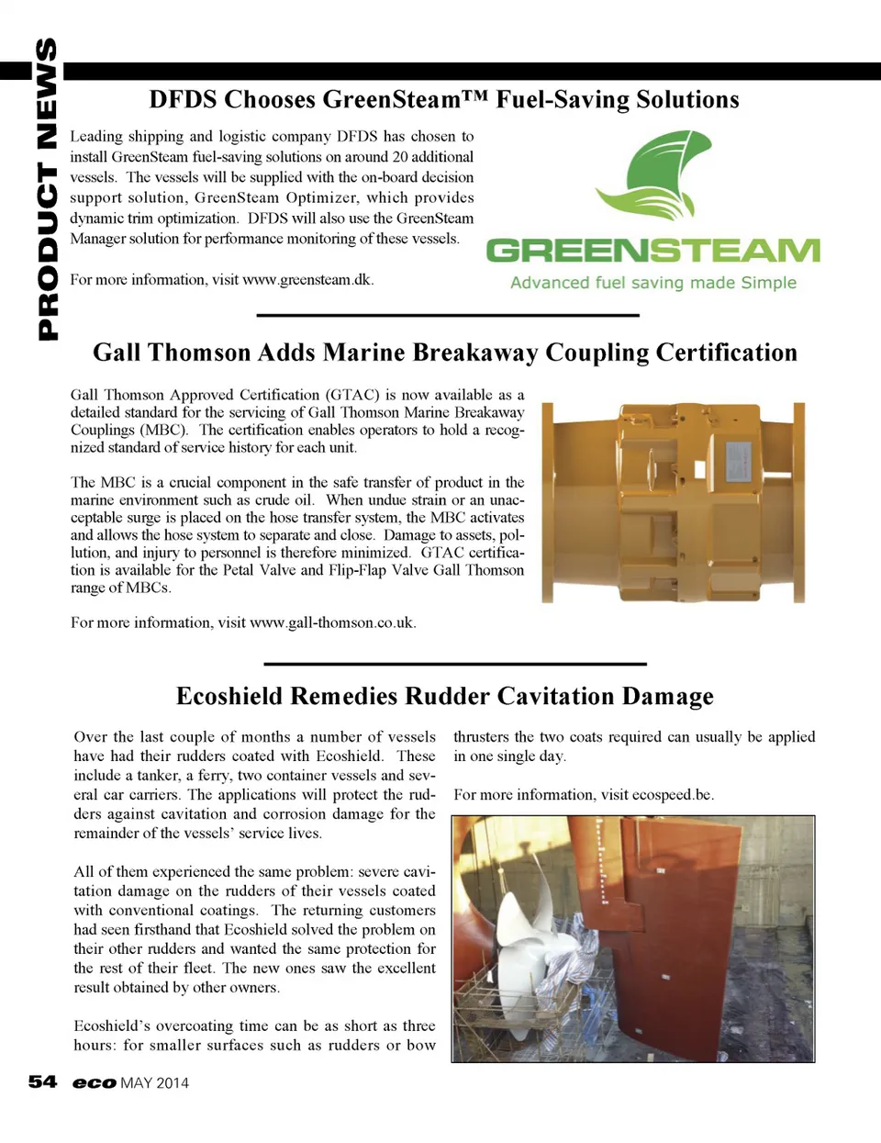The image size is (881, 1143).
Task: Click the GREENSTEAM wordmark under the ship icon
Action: point(652,251)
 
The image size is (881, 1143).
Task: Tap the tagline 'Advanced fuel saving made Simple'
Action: point(652,283)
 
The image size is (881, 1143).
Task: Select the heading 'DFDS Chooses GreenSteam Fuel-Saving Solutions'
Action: point(444,99)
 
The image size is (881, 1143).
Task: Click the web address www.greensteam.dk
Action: point(307,279)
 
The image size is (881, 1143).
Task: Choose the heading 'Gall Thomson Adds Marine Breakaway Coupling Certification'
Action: point(445,353)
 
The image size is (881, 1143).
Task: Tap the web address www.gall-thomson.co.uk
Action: point(332,622)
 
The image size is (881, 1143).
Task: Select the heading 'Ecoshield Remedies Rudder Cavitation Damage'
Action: point(445,696)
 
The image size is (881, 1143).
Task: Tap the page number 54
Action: point(42,1082)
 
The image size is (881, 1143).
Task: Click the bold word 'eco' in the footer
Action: point(95,1083)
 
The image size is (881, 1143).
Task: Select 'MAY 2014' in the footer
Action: point(154,1083)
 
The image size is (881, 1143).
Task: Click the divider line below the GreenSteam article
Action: point(448,315)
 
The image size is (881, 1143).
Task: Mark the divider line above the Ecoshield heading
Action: point(455,663)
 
